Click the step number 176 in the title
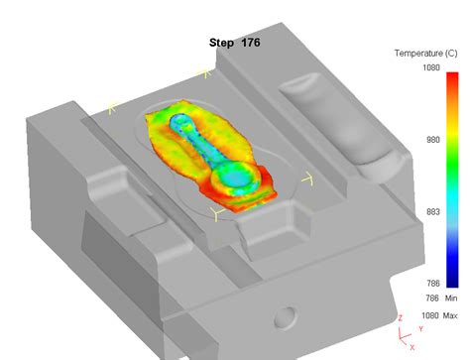tap(251, 43)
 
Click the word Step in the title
tap(221, 43)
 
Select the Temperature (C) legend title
tap(426, 54)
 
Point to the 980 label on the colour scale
tap(433, 140)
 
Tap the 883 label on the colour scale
tap(433, 212)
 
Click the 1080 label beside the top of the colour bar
tap(431, 67)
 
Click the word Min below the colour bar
tap(451, 299)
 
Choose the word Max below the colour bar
tap(450, 315)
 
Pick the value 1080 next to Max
tap(430, 315)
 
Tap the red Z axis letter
tap(401, 318)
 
